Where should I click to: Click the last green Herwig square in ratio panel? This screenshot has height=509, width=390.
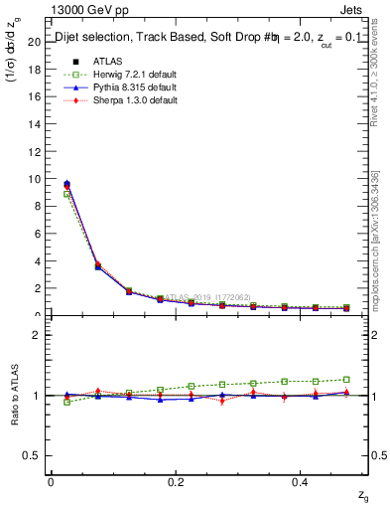click(x=346, y=379)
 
